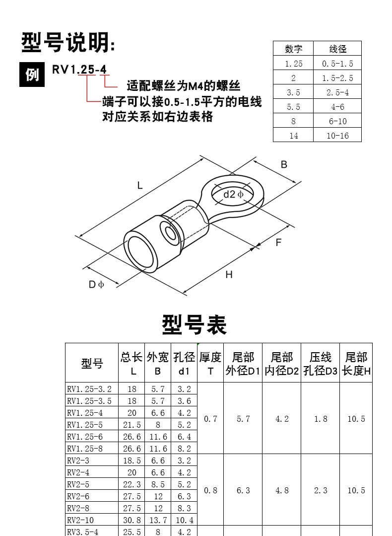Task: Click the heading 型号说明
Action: [x=68, y=43]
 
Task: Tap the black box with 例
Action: [x=32, y=75]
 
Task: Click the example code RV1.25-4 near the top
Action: [x=79, y=70]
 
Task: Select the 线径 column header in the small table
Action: [x=337, y=49]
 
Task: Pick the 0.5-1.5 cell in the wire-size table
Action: [x=337, y=63]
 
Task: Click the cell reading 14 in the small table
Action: [x=293, y=136]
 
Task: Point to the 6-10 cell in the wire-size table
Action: [x=337, y=121]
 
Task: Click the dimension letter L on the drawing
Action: [x=139, y=186]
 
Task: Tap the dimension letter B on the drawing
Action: [x=284, y=164]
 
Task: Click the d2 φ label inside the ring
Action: [x=233, y=195]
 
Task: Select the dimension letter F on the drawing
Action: [x=278, y=242]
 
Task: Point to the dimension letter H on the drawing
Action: [x=229, y=275]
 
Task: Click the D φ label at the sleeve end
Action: [x=96, y=285]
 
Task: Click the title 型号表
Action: [x=195, y=324]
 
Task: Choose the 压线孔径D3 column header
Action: [x=320, y=363]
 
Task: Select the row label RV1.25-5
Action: [x=85, y=425]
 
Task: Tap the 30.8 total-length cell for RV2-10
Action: [x=132, y=520]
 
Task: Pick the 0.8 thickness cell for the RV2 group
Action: [x=210, y=490]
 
